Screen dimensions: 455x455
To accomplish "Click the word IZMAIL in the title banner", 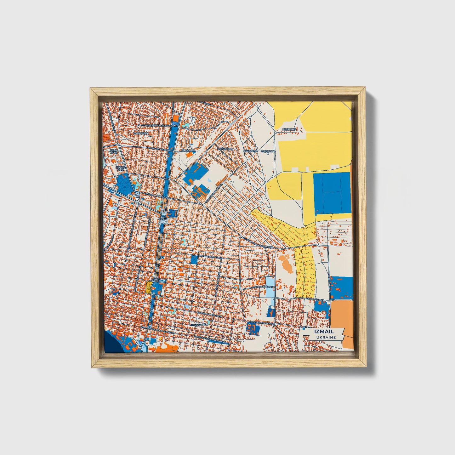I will tap(324, 331).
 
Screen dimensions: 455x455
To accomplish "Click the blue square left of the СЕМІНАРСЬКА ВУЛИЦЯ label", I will tap(194, 259).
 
